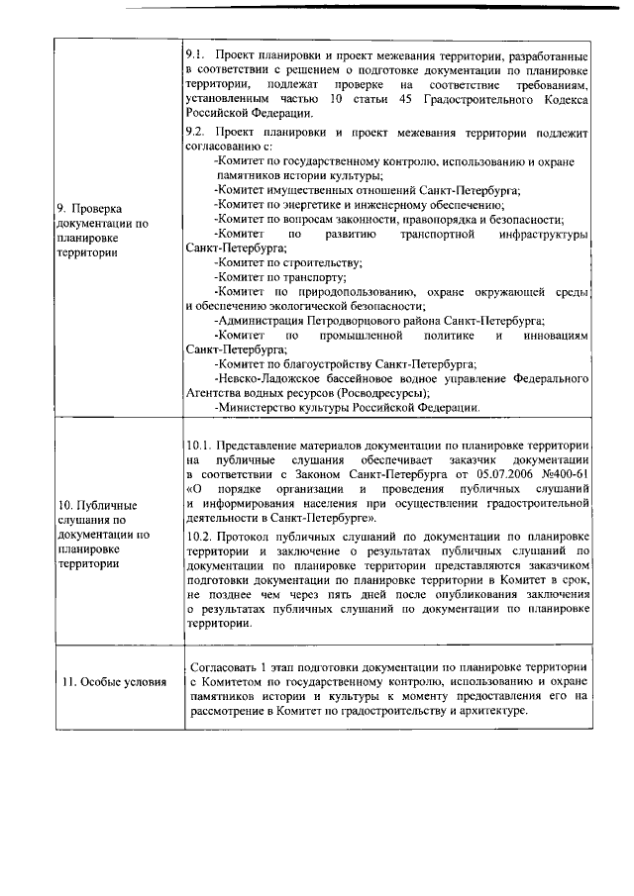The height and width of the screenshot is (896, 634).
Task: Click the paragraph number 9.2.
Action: click(x=195, y=131)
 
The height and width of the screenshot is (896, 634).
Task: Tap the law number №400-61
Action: click(x=566, y=475)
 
